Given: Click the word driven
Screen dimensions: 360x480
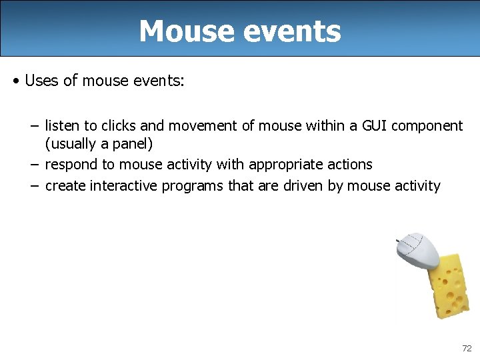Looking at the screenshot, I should click(x=300, y=185).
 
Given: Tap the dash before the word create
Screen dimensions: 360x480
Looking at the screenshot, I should click(x=35, y=185).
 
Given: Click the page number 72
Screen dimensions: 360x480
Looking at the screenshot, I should click(x=466, y=349).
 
